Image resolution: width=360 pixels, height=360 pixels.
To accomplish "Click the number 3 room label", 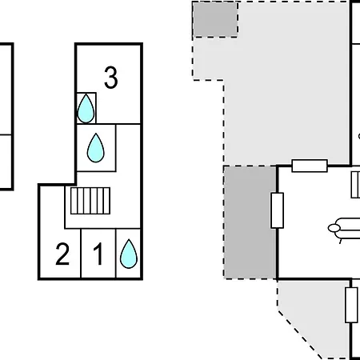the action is [111, 78].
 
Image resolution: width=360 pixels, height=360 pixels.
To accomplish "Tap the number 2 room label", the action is [62, 254].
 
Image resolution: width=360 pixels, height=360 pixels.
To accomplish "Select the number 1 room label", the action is [98, 254].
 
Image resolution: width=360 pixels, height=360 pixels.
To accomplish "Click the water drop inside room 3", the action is [86, 109].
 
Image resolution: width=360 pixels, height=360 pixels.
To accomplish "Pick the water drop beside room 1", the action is [129, 254].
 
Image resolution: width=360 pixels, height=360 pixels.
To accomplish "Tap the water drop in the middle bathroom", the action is [96, 148].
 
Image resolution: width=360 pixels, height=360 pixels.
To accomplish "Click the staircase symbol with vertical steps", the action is [90, 201].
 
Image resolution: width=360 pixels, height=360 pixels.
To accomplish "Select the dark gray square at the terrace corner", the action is [215, 19].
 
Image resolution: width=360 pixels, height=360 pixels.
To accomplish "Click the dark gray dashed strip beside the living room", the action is [250, 222].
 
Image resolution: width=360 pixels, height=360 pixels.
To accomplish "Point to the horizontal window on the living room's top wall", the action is [310, 166].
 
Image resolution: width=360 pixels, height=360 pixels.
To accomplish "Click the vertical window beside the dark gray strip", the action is [278, 210].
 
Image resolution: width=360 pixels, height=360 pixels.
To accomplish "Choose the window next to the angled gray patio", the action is [351, 305].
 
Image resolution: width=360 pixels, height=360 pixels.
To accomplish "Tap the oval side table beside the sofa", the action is [334, 228].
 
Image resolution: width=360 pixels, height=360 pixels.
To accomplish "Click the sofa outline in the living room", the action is [347, 229].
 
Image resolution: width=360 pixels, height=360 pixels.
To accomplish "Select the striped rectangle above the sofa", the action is [355, 185].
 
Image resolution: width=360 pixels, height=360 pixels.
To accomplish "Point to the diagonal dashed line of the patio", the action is [300, 334].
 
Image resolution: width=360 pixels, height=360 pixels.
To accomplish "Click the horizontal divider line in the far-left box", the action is [6, 135].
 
